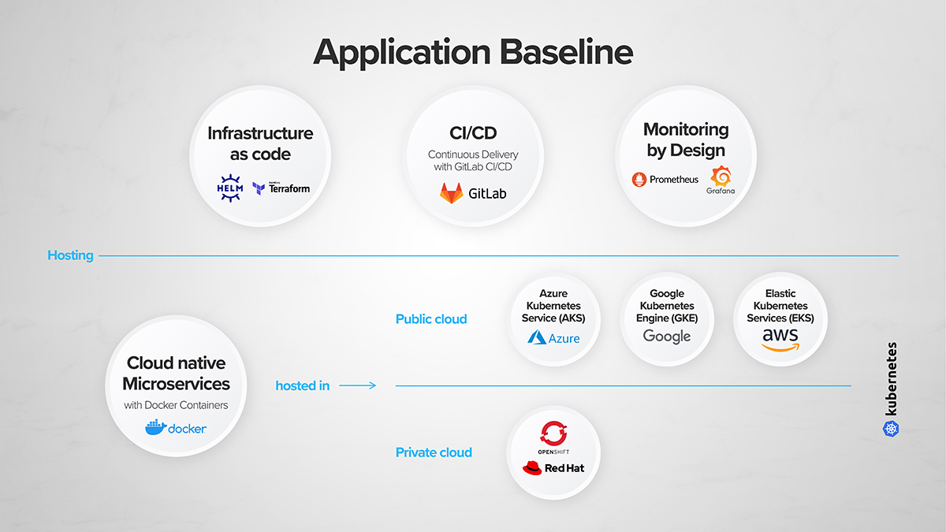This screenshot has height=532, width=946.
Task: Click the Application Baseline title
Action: [473, 52]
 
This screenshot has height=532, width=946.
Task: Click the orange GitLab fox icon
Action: [452, 193]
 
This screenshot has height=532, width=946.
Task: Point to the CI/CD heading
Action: [473, 133]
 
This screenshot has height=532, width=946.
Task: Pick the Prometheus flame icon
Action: [639, 180]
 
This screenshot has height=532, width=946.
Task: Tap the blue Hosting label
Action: [70, 255]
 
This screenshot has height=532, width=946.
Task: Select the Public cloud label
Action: [431, 319]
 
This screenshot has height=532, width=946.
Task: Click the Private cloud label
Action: [434, 452]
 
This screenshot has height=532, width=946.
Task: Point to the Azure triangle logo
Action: [537, 338]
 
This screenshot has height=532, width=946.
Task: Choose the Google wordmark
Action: [667, 337]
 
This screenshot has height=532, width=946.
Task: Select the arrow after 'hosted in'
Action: [358, 386]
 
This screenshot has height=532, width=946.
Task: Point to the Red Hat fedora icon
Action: [533, 468]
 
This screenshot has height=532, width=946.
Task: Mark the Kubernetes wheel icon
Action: [891, 428]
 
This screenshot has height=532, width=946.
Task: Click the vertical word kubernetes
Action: [892, 378]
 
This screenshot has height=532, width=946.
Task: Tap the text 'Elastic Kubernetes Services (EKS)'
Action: [780, 306]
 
